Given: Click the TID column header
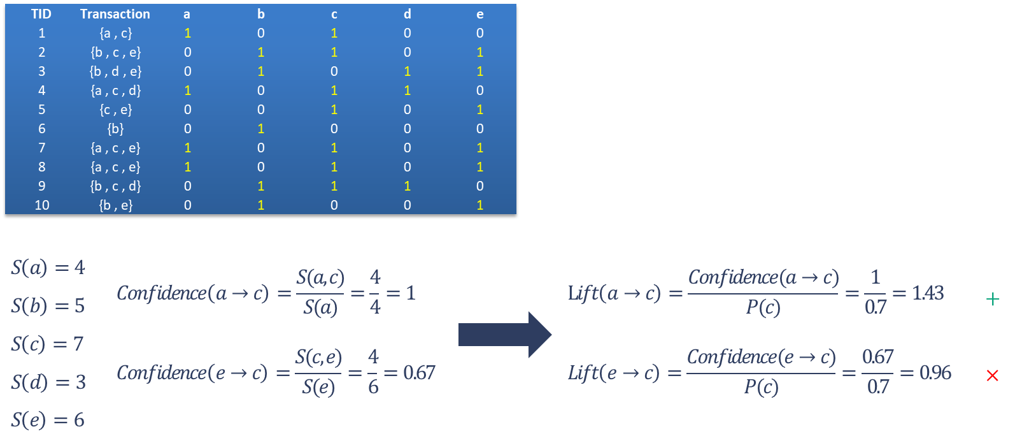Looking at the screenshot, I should click(x=41, y=14).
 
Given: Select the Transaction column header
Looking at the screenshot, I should click(x=115, y=14).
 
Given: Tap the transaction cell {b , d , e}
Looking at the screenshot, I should click(x=115, y=71).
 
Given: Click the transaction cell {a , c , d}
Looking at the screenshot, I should click(x=115, y=91).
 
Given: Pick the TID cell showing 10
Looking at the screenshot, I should click(x=42, y=205).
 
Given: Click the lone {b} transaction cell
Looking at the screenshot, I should click(x=115, y=129).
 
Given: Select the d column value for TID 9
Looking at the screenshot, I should click(x=408, y=186).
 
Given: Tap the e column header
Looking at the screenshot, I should click(x=480, y=14).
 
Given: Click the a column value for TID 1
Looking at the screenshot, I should click(x=188, y=33).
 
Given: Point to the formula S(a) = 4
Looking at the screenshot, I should click(x=48, y=267).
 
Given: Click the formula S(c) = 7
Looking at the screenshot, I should click(x=48, y=344).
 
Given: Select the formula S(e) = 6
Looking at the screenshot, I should click(x=48, y=420).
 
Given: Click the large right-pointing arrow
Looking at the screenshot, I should click(x=504, y=334).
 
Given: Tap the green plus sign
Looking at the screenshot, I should click(x=992, y=298).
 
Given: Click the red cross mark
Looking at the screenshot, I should click(x=992, y=375).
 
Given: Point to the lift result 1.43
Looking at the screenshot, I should click(x=928, y=293).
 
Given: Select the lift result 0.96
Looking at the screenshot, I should click(x=935, y=372).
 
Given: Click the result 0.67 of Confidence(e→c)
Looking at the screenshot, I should click(x=419, y=372).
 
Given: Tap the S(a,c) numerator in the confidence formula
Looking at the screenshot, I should click(x=320, y=277).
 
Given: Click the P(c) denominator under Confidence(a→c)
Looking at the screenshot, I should click(x=763, y=308).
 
